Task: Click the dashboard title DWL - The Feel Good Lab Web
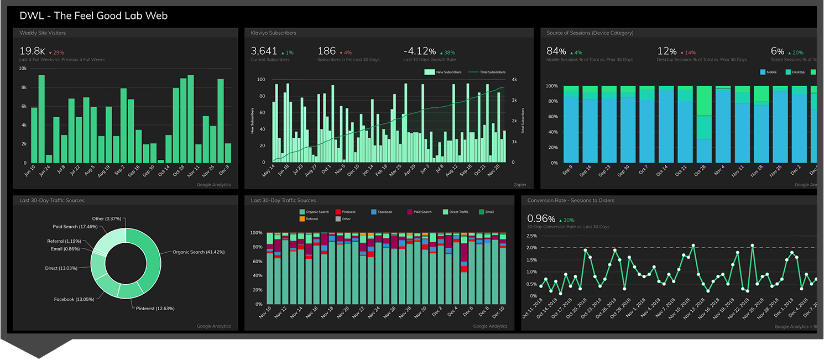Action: [x=93, y=15]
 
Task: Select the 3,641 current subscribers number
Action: [x=264, y=51]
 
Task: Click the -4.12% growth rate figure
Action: [x=419, y=51]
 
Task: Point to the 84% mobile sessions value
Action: [x=556, y=51]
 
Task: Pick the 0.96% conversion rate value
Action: [x=540, y=218]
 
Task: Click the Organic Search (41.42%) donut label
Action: [x=199, y=252]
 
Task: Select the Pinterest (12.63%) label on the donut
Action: [x=155, y=308]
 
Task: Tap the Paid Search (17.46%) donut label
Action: [x=75, y=227]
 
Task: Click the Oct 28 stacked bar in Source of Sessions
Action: [x=703, y=124]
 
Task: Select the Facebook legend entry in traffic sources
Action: [x=384, y=212]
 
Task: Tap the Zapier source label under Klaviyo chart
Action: [x=519, y=185]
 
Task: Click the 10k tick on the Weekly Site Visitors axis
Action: [x=23, y=69]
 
